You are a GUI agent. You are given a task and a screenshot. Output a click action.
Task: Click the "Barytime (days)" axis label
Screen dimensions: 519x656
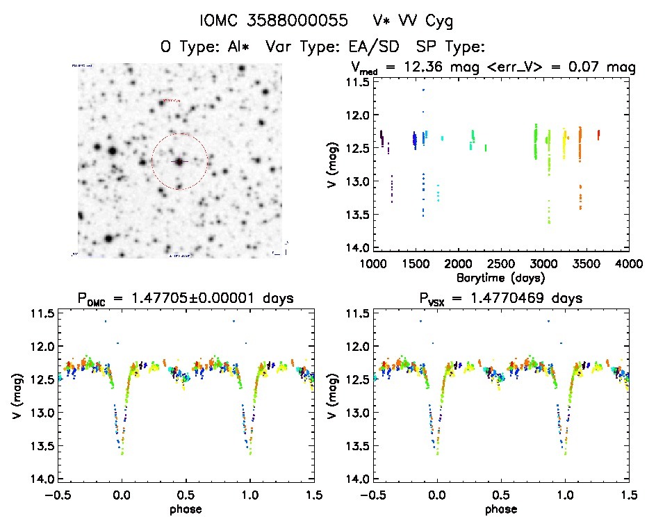click(501, 277)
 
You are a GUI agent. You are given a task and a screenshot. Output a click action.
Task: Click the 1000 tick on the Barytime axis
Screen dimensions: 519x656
click(374, 264)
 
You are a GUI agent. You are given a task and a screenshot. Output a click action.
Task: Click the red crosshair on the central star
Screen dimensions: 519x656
click(179, 161)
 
